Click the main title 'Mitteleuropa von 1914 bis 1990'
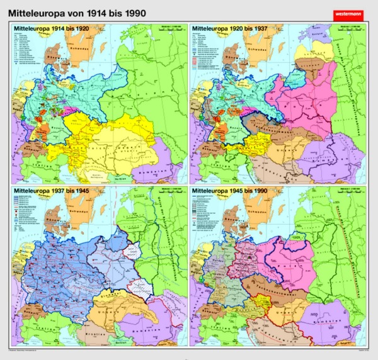(x=81, y=11)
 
